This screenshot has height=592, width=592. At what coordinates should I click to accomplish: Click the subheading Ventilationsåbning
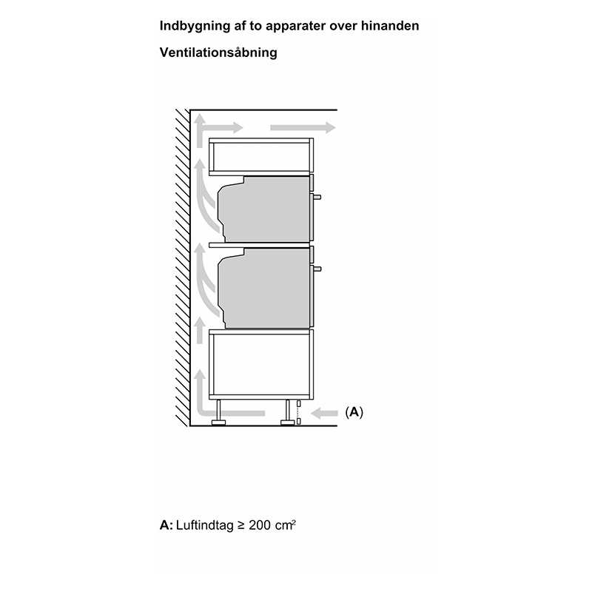click(x=218, y=52)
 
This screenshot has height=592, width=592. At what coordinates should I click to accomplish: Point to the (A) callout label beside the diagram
click(x=354, y=412)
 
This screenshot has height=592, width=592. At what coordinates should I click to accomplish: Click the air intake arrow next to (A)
click(x=324, y=414)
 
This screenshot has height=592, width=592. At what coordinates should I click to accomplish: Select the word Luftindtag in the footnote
click(x=205, y=525)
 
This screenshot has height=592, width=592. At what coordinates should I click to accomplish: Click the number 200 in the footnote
click(x=260, y=525)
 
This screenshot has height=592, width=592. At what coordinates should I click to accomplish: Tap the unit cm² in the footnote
click(x=285, y=525)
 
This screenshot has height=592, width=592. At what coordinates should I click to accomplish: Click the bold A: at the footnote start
click(x=166, y=525)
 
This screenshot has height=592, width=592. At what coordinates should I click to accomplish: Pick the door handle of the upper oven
click(x=317, y=197)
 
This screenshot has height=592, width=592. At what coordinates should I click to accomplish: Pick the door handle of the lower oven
click(x=317, y=269)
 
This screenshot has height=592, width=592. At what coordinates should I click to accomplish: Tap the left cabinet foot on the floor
click(x=218, y=413)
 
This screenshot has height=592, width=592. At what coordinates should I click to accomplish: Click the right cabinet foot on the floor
click(x=288, y=413)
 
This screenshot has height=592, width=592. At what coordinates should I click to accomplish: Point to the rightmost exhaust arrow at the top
click(x=303, y=127)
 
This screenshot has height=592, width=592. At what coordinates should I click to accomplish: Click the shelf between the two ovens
click(x=260, y=245)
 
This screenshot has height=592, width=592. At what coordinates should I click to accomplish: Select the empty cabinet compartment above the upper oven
click(x=261, y=157)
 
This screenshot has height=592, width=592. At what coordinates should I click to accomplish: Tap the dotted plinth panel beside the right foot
click(x=299, y=413)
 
